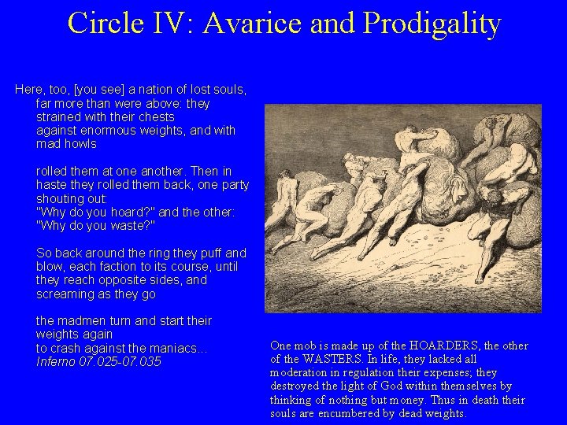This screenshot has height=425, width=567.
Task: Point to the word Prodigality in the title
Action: point(432,23)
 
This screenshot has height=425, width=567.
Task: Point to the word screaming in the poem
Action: point(64,294)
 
